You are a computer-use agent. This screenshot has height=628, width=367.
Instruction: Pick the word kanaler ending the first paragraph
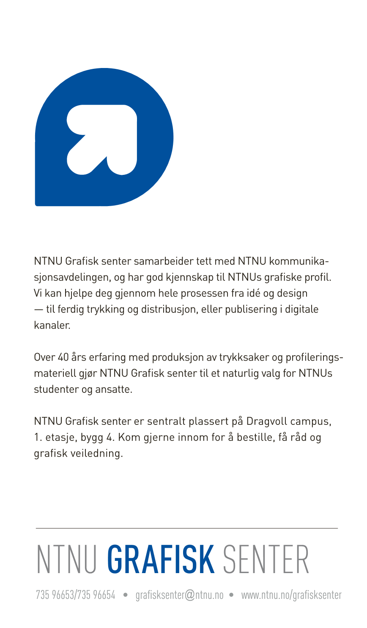(x=52, y=325)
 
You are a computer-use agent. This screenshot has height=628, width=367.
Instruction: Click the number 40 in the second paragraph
(x=63, y=357)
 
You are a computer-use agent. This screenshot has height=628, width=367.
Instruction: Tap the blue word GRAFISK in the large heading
(x=161, y=560)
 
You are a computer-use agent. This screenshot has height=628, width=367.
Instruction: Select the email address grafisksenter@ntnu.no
(x=179, y=595)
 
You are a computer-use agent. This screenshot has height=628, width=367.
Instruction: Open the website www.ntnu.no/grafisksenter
(x=291, y=595)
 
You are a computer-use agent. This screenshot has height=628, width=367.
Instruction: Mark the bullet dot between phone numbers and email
(x=126, y=595)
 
